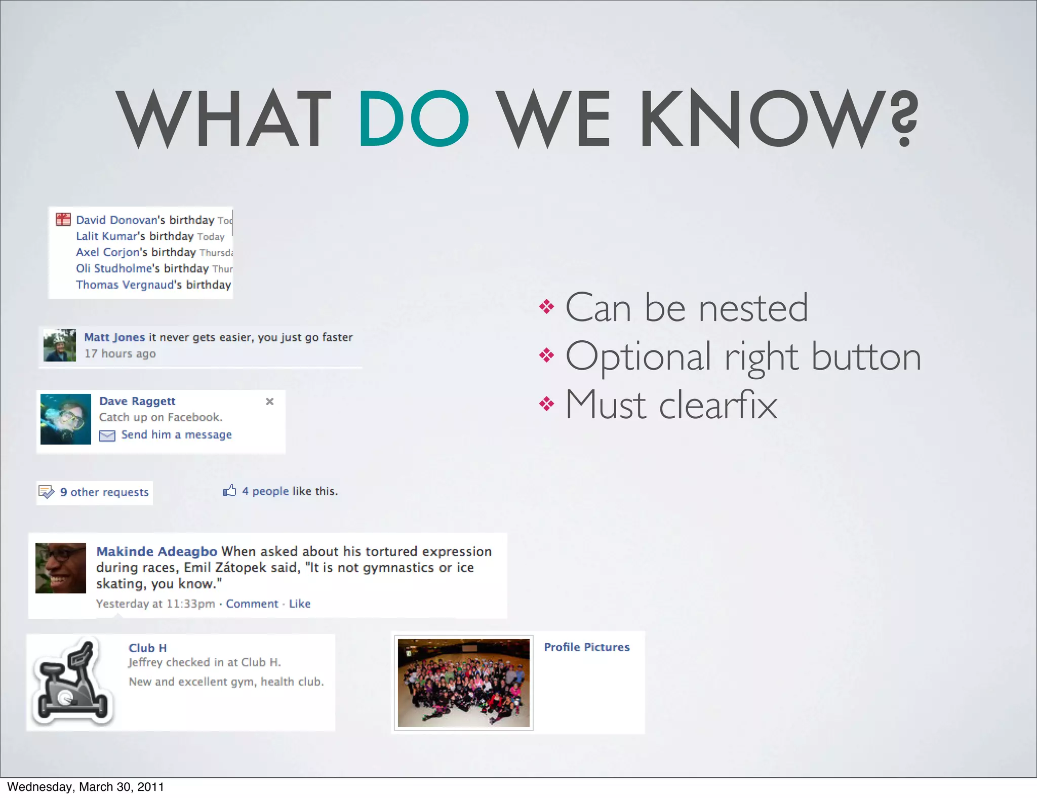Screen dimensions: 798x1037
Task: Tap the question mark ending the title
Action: pyautogui.click(x=904, y=118)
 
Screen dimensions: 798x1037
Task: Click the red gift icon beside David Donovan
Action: pyautogui.click(x=63, y=219)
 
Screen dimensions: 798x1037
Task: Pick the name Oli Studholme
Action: pyautogui.click(x=114, y=268)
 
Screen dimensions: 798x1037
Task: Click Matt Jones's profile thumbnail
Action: pyautogui.click(x=60, y=345)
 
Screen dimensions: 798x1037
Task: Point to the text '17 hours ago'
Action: pyautogui.click(x=120, y=353)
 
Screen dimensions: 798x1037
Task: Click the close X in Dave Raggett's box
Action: pyautogui.click(x=270, y=402)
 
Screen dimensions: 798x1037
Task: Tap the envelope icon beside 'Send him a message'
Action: pyautogui.click(x=107, y=435)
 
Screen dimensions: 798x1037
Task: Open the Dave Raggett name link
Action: pyautogui.click(x=137, y=401)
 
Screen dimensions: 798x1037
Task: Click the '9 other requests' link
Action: pyautogui.click(x=104, y=492)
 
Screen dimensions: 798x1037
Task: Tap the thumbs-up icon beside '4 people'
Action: pyautogui.click(x=229, y=491)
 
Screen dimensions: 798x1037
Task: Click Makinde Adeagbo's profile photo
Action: pyautogui.click(x=61, y=568)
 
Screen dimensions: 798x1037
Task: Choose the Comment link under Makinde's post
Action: pyautogui.click(x=252, y=604)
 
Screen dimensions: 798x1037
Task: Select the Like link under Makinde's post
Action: pyautogui.click(x=299, y=604)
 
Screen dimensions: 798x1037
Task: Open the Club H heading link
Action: pyautogui.click(x=147, y=648)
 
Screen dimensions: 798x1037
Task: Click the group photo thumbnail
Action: pyautogui.click(x=463, y=683)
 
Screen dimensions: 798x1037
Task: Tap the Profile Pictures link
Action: pyautogui.click(x=586, y=647)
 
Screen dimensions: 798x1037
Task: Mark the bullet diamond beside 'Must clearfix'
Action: pyautogui.click(x=546, y=404)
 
